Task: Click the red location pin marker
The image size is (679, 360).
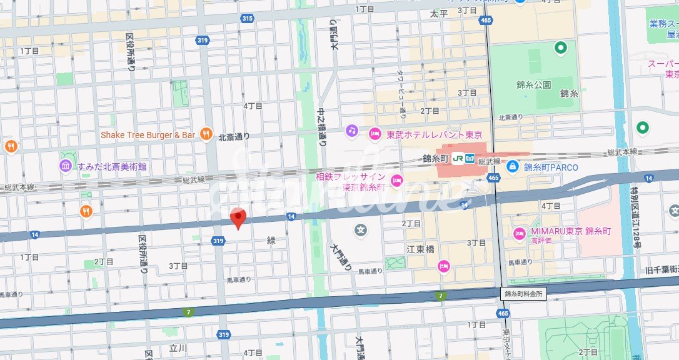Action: click(238, 217)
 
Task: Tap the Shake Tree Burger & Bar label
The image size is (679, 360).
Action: click(148, 135)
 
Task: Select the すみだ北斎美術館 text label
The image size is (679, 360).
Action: click(112, 166)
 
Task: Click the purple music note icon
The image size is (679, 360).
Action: click(352, 131)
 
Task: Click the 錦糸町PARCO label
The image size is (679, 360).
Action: click(551, 167)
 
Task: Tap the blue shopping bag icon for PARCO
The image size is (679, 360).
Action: click(512, 166)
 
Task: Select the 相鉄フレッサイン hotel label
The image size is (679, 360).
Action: click(350, 182)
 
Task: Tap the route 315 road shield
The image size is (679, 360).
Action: click(247, 18)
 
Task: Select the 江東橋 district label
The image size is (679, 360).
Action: click(420, 249)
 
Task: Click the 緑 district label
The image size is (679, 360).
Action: click(271, 241)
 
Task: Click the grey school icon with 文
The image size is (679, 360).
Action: click(361, 231)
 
